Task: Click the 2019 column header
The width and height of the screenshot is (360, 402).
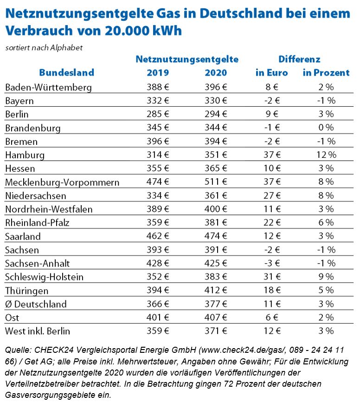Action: tap(158, 72)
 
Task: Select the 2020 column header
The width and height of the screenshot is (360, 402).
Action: tap(216, 72)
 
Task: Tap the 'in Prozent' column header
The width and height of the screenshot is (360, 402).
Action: tap(326, 72)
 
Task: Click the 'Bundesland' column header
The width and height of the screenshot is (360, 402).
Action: tap(66, 72)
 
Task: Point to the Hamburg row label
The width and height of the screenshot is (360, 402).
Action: tap(25, 155)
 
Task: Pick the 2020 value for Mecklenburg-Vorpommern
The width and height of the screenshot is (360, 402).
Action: tap(216, 182)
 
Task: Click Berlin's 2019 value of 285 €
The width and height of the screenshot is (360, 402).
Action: tap(158, 114)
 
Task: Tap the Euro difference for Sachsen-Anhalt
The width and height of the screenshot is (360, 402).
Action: tap(272, 263)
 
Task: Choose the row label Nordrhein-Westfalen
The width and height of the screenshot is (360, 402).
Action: tap(49, 209)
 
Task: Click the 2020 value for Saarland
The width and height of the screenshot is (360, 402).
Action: tap(216, 236)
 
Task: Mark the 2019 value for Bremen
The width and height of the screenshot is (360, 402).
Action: tap(158, 141)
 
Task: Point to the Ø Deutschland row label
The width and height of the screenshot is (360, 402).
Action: tap(36, 305)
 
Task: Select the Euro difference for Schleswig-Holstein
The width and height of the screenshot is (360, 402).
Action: tap(272, 277)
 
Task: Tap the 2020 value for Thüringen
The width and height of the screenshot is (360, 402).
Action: tap(216, 291)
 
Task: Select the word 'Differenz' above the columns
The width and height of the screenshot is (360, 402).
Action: tap(299, 59)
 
